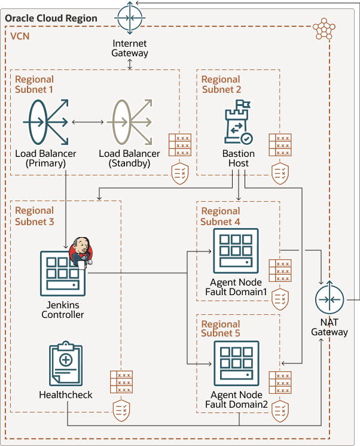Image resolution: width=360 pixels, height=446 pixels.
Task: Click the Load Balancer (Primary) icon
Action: click(45, 122)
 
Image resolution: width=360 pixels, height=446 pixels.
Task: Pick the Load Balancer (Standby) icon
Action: click(129, 122)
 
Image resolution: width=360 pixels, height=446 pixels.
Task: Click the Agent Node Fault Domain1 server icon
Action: click(236, 252)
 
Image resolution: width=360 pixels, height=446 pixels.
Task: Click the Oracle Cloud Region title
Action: click(51, 18)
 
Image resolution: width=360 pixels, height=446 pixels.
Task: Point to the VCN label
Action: click(21, 36)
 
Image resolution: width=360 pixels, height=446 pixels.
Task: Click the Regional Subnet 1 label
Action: click(34, 84)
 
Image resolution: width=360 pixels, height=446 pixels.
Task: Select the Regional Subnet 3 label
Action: click(34, 216)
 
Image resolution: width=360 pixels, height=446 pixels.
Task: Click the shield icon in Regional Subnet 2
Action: click(279, 172)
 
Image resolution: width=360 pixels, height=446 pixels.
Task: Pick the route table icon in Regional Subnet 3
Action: click(121, 382)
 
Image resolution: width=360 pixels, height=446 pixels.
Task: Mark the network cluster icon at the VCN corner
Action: click(324, 29)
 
